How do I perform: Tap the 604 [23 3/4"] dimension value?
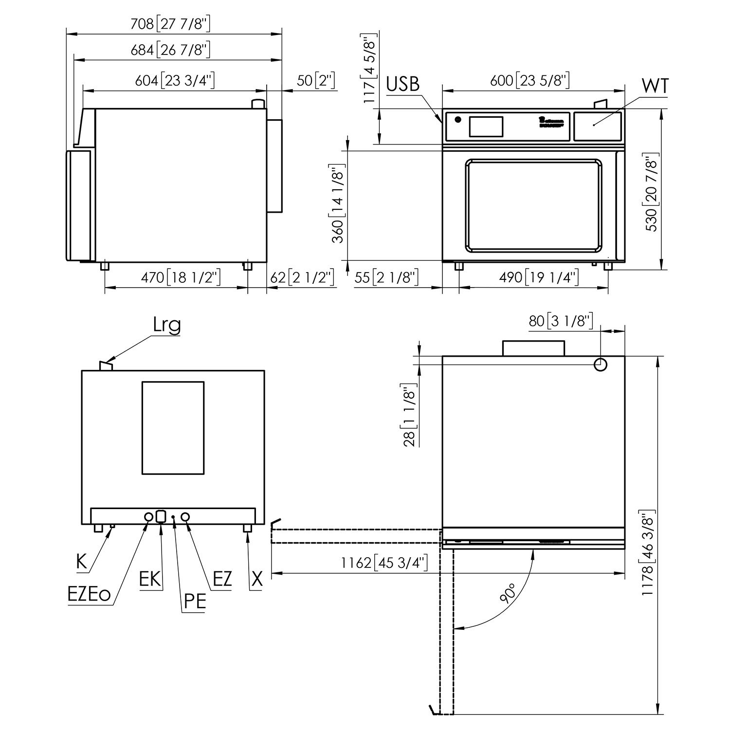(175, 80)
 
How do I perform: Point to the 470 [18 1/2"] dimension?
(181, 278)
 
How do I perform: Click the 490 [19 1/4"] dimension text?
(539, 278)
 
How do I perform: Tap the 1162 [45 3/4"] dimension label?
(384, 563)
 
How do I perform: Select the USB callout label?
(402, 84)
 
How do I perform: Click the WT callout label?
(655, 86)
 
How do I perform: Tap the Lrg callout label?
(166, 325)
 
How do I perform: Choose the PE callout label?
(194, 602)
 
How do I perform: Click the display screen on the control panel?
(486, 127)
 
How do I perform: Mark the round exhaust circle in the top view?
(601, 365)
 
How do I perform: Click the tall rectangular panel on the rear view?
(173, 428)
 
